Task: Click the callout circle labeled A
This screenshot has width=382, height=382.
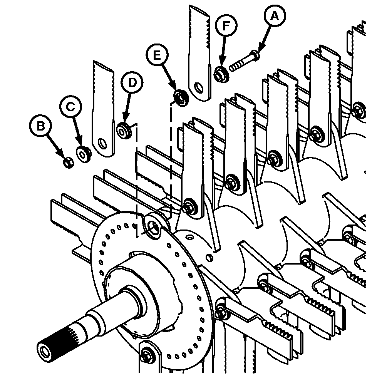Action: coord(274,16)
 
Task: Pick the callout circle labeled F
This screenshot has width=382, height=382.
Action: coord(226,27)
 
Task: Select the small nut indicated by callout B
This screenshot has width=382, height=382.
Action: coord(68,163)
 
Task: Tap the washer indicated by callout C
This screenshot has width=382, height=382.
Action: coord(84,154)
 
